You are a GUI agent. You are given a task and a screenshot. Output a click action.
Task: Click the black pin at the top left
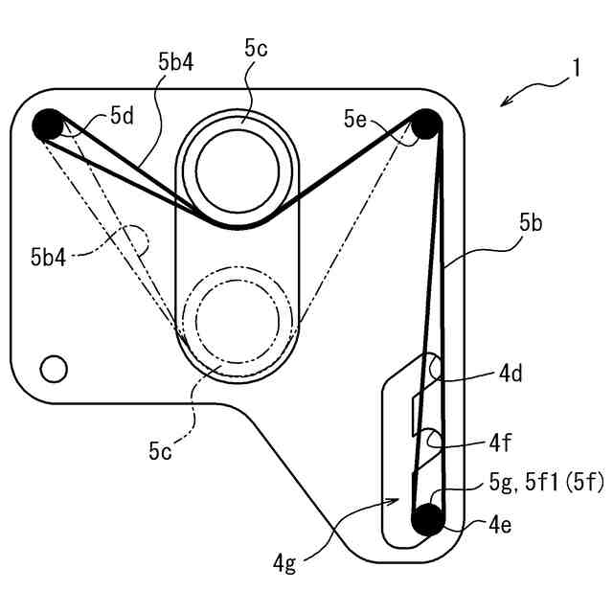click(x=46, y=125)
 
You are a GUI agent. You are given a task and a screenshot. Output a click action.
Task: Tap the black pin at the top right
click(x=425, y=124)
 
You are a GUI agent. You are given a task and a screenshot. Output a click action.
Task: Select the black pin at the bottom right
click(x=426, y=520)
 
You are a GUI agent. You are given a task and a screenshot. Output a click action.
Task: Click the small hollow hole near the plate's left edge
click(x=53, y=367)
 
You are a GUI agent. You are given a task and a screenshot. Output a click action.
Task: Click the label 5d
click(x=122, y=116)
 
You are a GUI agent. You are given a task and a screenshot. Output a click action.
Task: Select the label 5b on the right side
click(x=533, y=223)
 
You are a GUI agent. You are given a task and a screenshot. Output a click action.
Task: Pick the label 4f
click(x=500, y=444)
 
